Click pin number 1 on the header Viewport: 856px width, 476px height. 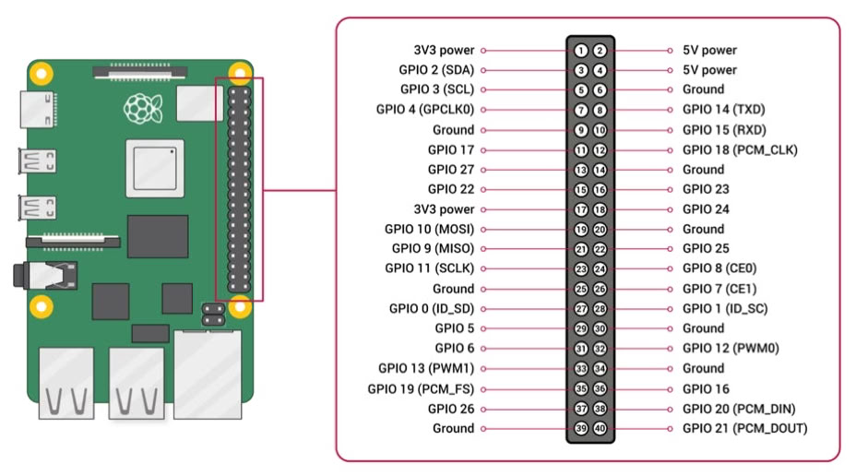click(581, 51)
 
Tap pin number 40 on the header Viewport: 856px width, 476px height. click(600, 428)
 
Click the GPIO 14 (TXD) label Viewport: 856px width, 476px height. click(724, 110)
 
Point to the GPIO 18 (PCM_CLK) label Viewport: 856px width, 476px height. click(740, 149)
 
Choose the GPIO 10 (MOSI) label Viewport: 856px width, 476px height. click(429, 229)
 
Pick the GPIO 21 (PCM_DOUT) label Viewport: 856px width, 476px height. click(744, 428)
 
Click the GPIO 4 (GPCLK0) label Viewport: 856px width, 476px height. click(425, 110)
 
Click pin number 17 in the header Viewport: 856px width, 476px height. click(581, 209)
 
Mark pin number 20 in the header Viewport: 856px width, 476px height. click(600, 229)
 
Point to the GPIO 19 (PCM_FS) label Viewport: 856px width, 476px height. click(421, 388)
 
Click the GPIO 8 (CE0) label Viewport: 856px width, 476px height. click(719, 268)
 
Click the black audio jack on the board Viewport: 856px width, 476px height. click(55, 275)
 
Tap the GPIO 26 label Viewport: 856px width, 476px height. click(451, 408)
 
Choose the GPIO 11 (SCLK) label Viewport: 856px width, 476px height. click(429, 268)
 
